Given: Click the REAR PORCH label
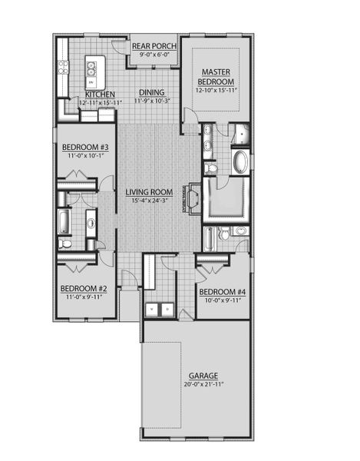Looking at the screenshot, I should click(155, 46).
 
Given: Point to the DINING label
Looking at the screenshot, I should click(151, 92).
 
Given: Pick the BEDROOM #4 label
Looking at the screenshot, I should click(223, 292).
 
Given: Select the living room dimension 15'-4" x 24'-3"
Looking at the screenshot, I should click(148, 201).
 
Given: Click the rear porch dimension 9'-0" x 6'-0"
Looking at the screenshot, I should click(155, 55).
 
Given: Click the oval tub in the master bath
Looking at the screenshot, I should click(241, 162).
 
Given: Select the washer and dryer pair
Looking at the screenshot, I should click(160, 309).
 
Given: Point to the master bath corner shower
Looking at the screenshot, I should click(243, 134).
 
